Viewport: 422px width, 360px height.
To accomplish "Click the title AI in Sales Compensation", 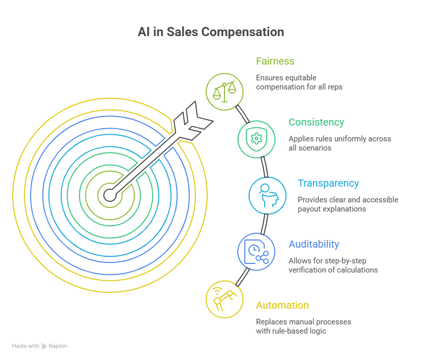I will (x=211, y=32).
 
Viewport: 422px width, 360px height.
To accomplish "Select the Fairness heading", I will (x=275, y=61).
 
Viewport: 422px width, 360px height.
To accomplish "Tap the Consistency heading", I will (x=316, y=122).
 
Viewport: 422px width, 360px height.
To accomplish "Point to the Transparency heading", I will (x=328, y=183).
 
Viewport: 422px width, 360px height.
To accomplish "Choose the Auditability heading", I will (x=314, y=244).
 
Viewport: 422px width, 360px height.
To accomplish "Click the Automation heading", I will (x=282, y=305).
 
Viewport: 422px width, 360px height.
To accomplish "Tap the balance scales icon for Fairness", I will (x=224, y=92).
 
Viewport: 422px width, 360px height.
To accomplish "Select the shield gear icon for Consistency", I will (x=257, y=138).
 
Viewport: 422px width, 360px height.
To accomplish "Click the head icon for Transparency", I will (x=267, y=195).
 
